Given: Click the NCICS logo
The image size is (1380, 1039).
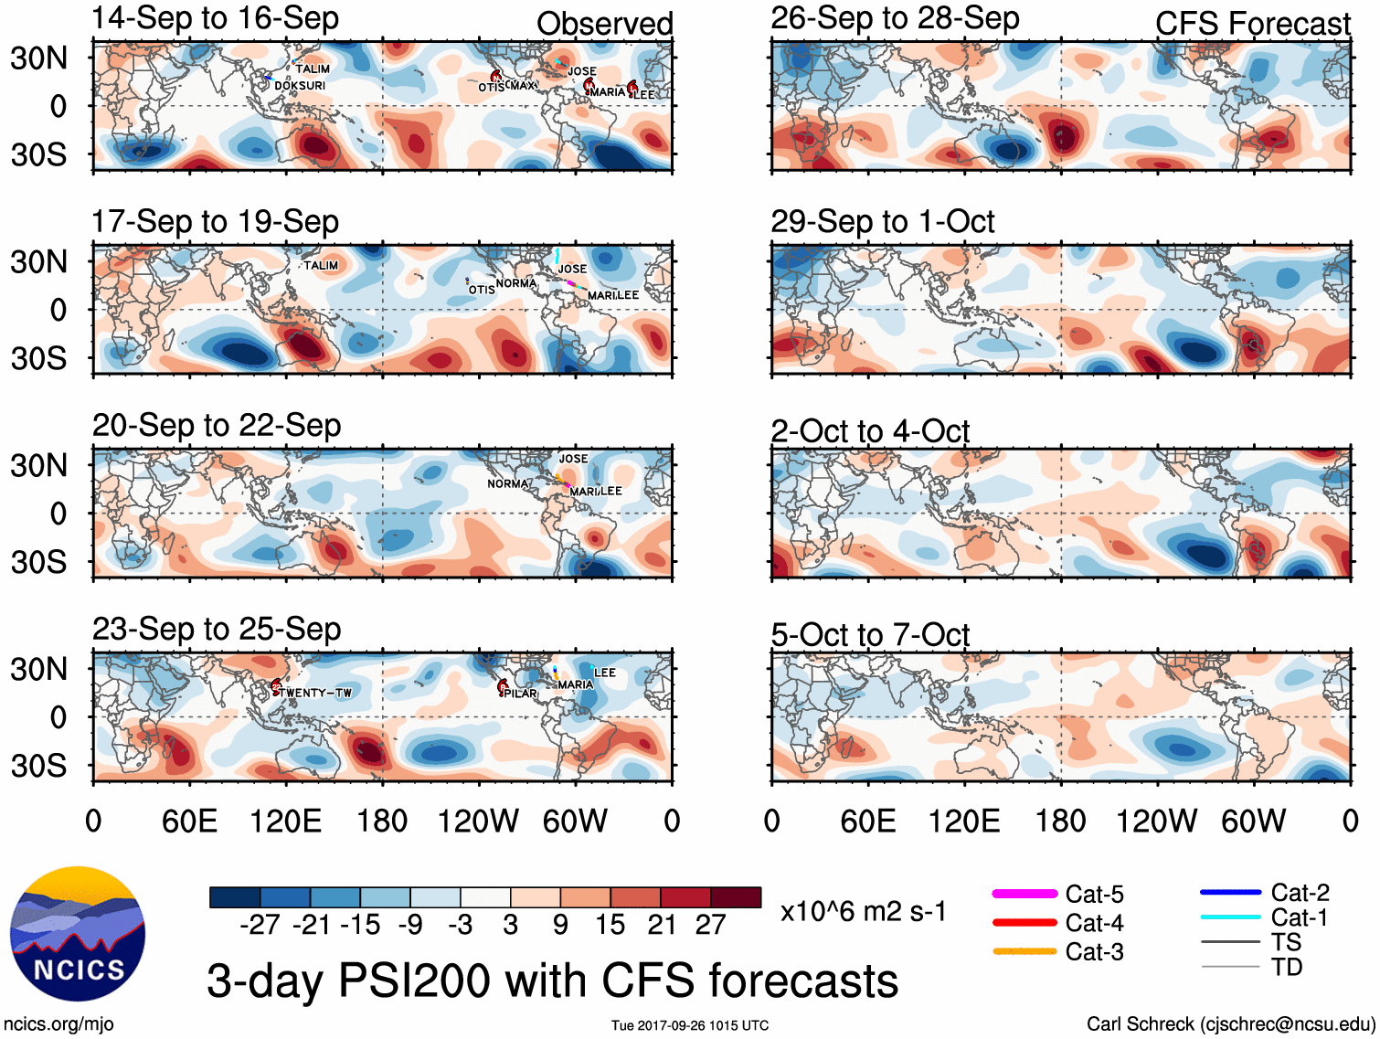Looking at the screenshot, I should pos(78,933).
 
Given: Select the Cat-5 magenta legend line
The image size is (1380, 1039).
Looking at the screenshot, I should pos(1024,894).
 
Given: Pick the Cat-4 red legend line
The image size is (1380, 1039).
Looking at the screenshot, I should pos(1024,923).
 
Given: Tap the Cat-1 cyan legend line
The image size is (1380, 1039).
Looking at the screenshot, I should pos(1230,917).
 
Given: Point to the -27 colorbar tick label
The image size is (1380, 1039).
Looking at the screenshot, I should pos(260,925).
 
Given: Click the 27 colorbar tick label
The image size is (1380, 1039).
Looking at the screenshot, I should pos(710,925).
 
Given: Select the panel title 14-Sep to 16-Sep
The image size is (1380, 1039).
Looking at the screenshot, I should pos(216,18).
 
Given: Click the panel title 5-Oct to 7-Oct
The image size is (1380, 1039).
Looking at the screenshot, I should pos(870,634).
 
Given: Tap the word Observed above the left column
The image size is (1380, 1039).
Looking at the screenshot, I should pos(604,24).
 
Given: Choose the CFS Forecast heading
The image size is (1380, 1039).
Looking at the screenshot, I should pos(1252,24).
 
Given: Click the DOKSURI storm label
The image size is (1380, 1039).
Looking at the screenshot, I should pos(300,86).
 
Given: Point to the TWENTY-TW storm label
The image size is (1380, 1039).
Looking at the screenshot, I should pos(316,693).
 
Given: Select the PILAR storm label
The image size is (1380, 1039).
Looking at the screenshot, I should pos(521,694).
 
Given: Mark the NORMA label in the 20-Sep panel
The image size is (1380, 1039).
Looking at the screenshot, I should pos(507,483).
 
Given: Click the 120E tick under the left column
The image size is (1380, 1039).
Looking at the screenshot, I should pos(286,821).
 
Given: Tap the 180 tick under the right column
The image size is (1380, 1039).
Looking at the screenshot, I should pos(1060,821).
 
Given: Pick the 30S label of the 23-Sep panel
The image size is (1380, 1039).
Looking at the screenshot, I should pos(38,766).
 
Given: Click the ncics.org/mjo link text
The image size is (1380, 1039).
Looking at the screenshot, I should pos(58,1024).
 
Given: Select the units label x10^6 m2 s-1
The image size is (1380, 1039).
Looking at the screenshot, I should pos(863,911).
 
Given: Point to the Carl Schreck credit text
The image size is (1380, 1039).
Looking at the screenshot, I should pos(1230,1024).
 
